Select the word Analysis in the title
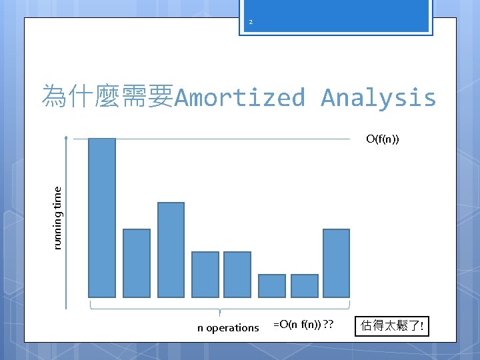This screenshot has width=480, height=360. tap(378, 97)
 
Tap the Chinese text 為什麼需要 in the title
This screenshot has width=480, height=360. tap(107, 97)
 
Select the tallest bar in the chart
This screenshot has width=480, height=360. tap(102, 217)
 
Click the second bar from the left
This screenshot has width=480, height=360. tap(137, 263)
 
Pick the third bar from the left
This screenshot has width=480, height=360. tap(171, 249)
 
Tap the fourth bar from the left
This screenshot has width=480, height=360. tap(205, 274)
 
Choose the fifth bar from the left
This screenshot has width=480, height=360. tap(237, 274)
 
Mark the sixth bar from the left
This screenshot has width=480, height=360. tap(271, 285)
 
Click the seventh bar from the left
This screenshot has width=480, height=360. tap(305, 285)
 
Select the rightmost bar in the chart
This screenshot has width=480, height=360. tap(337, 263)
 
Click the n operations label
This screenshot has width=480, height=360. tap(228, 327)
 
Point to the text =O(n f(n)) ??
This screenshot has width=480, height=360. tap(303, 325)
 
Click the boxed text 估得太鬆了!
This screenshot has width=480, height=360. tap(392, 327)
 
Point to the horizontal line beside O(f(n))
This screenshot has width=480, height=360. tap(233, 139)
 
